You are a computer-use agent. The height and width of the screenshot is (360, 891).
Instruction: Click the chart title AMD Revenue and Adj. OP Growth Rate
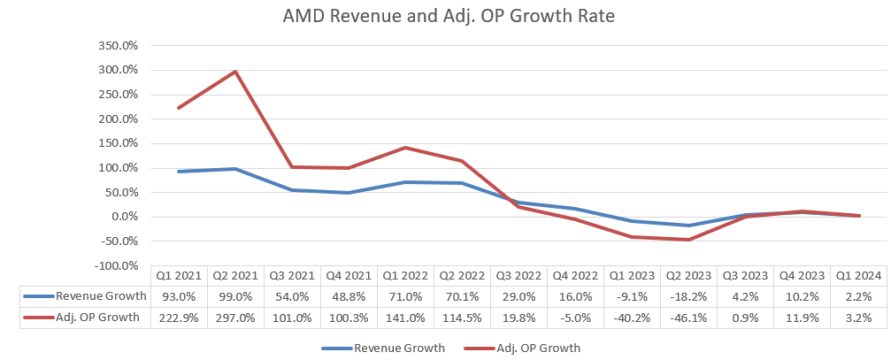[x=445, y=17]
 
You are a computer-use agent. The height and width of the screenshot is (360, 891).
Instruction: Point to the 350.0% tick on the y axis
[x=119, y=45]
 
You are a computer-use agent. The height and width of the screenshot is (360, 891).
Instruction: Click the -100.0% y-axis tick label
[x=117, y=265]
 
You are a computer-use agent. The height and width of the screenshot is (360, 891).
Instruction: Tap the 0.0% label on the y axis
[x=124, y=217]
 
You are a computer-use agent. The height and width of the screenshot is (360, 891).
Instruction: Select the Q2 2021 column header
[x=236, y=275]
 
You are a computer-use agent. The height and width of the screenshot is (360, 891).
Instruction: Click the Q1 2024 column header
[x=859, y=275]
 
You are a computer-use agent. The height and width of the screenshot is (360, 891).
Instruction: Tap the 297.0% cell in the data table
[x=236, y=318]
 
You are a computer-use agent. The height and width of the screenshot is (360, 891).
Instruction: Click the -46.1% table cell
[x=689, y=318]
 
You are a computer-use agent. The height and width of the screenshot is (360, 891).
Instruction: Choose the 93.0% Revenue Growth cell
[x=180, y=296]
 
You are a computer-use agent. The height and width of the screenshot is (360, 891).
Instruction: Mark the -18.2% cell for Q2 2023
[x=689, y=296]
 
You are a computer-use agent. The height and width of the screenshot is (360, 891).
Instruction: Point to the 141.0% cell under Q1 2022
[x=406, y=318]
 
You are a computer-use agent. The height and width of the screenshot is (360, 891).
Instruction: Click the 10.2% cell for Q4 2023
[x=803, y=296]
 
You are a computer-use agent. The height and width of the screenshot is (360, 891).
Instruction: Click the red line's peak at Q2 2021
[x=236, y=72]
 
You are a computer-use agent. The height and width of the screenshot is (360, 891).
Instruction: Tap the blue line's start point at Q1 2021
[x=180, y=172]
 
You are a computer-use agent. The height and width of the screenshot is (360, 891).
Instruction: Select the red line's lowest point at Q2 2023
[x=689, y=240]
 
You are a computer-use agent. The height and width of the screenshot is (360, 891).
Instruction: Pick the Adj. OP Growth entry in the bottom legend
[x=528, y=348]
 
